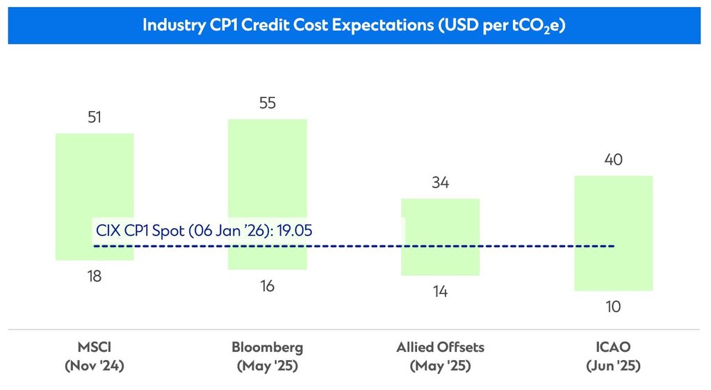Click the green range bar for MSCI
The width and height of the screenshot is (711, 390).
pyautogui.click(x=95, y=181)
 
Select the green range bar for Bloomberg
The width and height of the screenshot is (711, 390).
pyautogui.click(x=268, y=174)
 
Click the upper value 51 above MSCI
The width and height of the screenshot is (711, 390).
pyautogui.click(x=95, y=117)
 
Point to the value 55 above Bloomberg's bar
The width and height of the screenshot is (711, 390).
pyautogui.click(x=268, y=104)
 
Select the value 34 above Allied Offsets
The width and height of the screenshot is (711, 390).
pyautogui.click(x=441, y=183)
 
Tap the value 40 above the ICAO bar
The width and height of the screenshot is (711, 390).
pyautogui.click(x=614, y=160)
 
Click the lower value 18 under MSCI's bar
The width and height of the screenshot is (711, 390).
pyautogui.click(x=95, y=276)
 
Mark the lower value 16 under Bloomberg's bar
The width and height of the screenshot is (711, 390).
pyautogui.click(x=268, y=286)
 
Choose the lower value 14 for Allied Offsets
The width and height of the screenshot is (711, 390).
pyautogui.click(x=441, y=292)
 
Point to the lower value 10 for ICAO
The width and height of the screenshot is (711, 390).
pyautogui.click(x=614, y=307)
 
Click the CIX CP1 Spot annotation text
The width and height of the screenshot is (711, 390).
pyautogui.click(x=181, y=230)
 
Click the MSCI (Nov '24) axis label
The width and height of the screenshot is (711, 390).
pyautogui.click(x=95, y=356)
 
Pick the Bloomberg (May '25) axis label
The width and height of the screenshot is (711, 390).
pyautogui.click(x=268, y=356)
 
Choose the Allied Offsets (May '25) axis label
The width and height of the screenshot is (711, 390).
pyautogui.click(x=441, y=356)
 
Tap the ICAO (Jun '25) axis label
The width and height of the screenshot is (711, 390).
pyautogui.click(x=614, y=356)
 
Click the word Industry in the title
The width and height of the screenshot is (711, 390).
pyautogui.click(x=172, y=24)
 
